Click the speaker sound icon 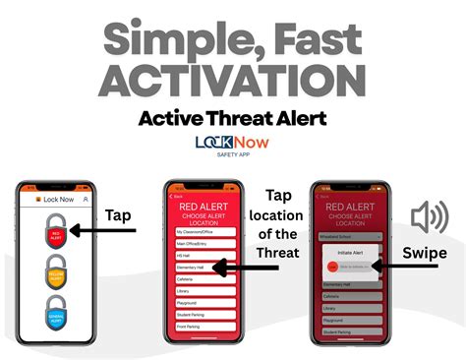pos(430,216)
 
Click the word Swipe pos(426,253)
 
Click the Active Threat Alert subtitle pos(233,121)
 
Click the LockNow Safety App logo pos(233,147)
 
